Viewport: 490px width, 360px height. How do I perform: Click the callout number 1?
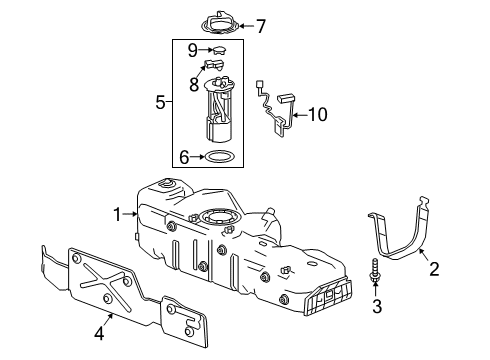point(117,212)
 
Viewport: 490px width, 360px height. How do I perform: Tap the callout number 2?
point(434,268)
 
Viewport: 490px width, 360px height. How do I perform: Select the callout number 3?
point(376,306)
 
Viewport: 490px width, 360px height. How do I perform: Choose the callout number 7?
point(261,25)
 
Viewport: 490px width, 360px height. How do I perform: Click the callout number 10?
point(317,115)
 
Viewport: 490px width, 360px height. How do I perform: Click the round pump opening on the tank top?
point(218,216)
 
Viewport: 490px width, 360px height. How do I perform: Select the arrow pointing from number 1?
point(130,212)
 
